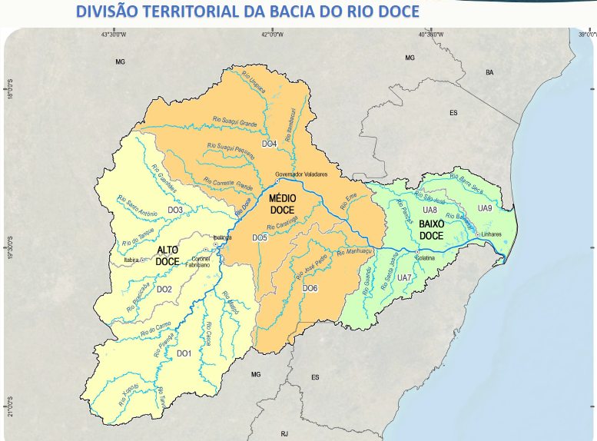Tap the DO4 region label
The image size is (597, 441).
pyautogui.click(x=269, y=144)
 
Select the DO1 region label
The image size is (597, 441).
pyautogui.click(x=184, y=353)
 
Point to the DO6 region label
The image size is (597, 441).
pyautogui.click(x=310, y=288)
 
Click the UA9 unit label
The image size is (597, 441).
pyautogui.click(x=484, y=208)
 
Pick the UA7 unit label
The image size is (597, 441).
pyautogui.click(x=404, y=277)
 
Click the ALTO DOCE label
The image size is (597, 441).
pyautogui.click(x=167, y=256)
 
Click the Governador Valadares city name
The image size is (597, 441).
pyautogui.click(x=301, y=174)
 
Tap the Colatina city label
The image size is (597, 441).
pyautogui.click(x=425, y=259)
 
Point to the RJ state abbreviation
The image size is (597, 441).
pyautogui.click(x=284, y=433)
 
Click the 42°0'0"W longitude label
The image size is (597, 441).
pyautogui.click(x=271, y=35)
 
